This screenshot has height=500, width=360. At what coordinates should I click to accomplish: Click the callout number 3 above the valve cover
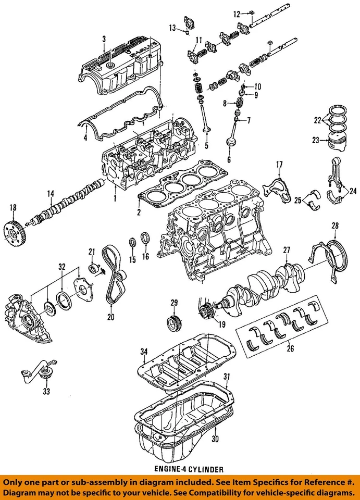pyautogui.click(x=104, y=39)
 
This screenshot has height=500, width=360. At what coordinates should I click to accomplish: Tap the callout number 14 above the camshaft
pyautogui.click(x=51, y=194)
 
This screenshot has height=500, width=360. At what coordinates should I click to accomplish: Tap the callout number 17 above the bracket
pyautogui.click(x=279, y=165)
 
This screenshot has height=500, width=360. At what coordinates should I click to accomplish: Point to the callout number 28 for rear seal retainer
pyautogui.click(x=335, y=225)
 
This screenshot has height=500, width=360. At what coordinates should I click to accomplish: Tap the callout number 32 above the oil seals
pyautogui.click(x=62, y=267)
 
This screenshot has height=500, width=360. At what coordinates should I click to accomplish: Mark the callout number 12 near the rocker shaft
pyautogui.click(x=236, y=14)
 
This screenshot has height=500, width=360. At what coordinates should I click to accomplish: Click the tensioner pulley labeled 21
pyautogui.click(x=95, y=268)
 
